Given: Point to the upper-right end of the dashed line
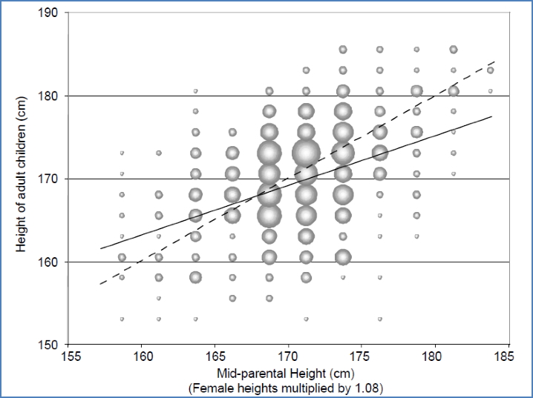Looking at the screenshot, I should [x=494, y=62].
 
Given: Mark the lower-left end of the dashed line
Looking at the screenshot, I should [x=99, y=284].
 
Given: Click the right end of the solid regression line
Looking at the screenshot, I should [x=492, y=116].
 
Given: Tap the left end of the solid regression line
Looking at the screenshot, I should [x=99, y=248].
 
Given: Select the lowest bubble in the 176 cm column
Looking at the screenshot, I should [x=379, y=319].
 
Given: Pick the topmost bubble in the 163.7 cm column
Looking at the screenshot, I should [x=195, y=91].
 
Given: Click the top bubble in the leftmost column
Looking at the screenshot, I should [x=122, y=153].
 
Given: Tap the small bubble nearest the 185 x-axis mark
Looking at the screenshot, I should [x=490, y=91].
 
